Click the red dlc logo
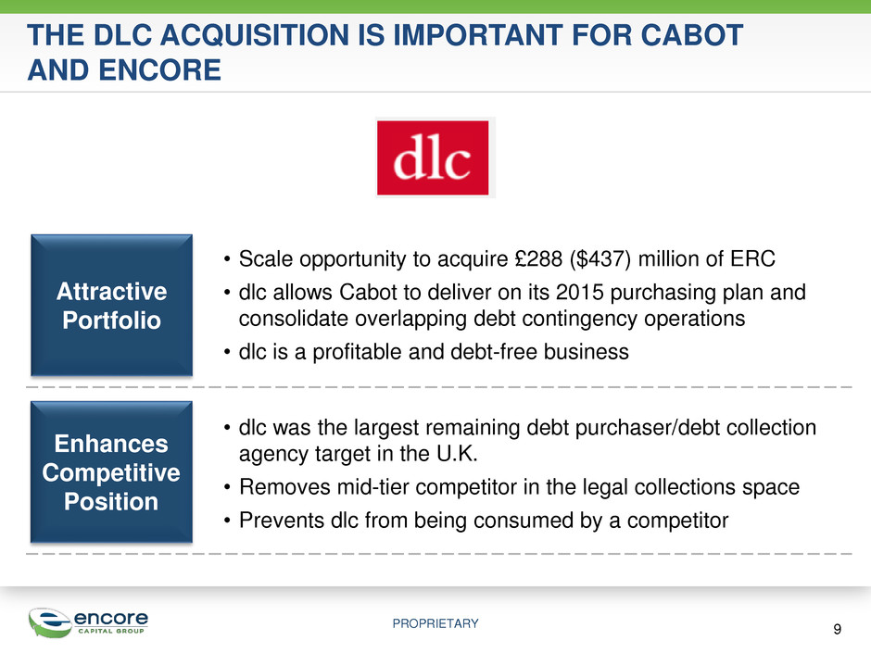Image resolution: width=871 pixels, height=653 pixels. pyautogui.click(x=433, y=157)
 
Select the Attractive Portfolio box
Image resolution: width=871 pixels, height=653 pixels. pyautogui.click(x=111, y=306)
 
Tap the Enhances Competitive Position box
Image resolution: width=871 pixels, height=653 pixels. pyautogui.click(x=111, y=472)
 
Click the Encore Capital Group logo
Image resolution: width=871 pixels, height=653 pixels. pyautogui.click(x=88, y=622)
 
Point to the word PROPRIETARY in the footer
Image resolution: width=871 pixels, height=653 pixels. pyautogui.click(x=435, y=623)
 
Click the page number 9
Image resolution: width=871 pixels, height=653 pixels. pyautogui.click(x=837, y=629)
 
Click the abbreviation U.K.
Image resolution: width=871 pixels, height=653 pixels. pyautogui.click(x=457, y=454)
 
